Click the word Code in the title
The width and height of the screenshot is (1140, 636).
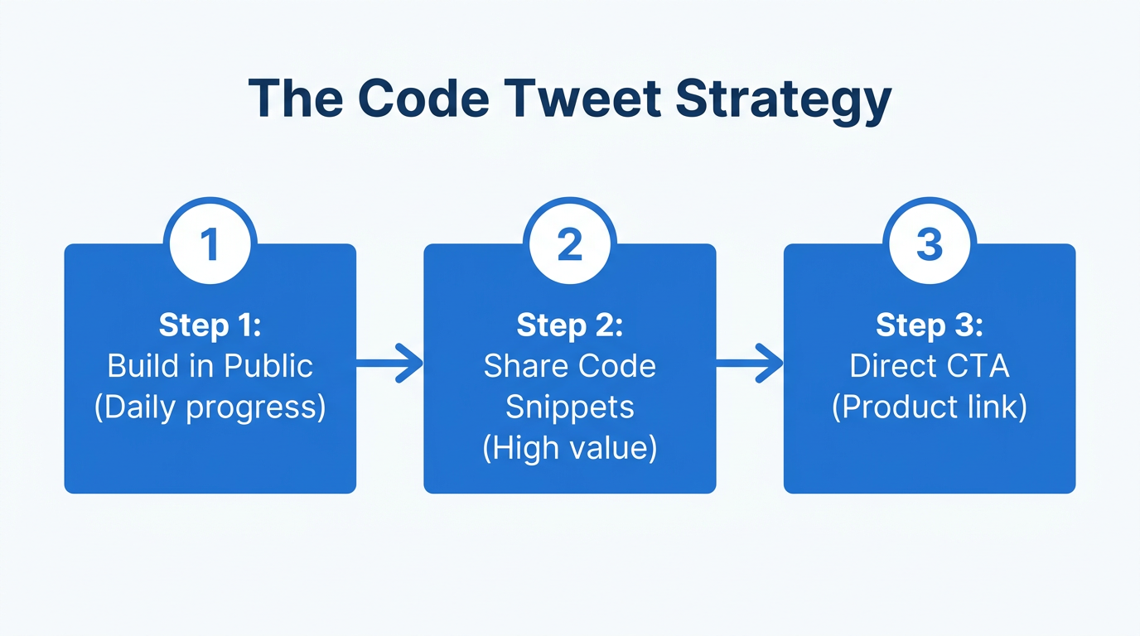pos(423,99)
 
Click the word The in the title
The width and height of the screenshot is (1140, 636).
pos(296,99)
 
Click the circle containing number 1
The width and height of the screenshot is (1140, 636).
pos(210,245)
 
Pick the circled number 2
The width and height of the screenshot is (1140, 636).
pos(570,245)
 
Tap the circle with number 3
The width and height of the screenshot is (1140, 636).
pos(930,245)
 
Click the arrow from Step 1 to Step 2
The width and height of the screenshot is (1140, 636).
pos(390,364)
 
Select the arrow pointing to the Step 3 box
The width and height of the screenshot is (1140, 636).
pos(750,364)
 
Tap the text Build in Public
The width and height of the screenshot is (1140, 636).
pos(210,366)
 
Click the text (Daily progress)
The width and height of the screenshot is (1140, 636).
pos(210,407)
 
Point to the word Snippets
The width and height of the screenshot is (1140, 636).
pos(570,407)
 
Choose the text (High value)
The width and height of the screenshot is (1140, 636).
pos(570,448)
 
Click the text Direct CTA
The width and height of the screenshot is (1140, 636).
pos(930,366)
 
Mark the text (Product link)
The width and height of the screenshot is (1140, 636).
pos(930,407)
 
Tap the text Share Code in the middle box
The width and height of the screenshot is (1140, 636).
pos(570,366)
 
